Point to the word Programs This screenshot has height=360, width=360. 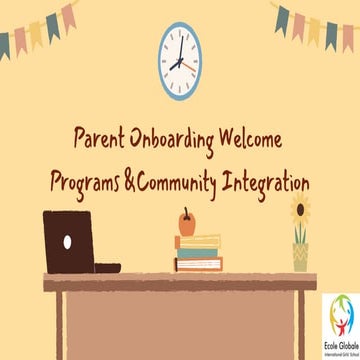(98, 184)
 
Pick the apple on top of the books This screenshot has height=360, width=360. (186, 220)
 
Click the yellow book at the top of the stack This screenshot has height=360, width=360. (198, 239)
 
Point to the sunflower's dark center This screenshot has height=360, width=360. (301, 210)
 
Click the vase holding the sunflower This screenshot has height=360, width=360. (301, 256)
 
